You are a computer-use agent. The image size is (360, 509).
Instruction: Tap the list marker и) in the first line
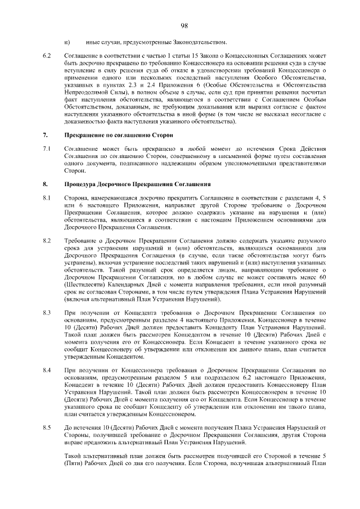tap(67, 43)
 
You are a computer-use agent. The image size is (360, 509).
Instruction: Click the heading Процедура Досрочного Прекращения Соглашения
tap(138, 184)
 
